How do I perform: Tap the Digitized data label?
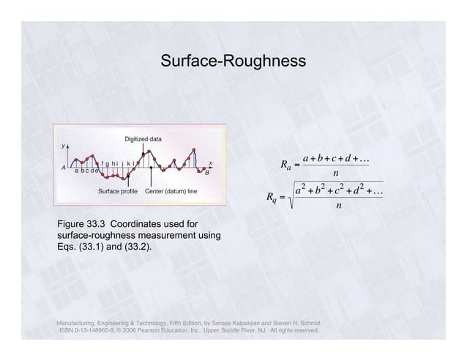(x=143, y=138)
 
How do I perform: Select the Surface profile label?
(x=118, y=192)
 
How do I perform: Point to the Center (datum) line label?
(x=171, y=192)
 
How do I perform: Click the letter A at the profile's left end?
(x=64, y=167)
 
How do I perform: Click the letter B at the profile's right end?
(x=206, y=173)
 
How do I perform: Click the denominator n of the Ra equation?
(x=335, y=174)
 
